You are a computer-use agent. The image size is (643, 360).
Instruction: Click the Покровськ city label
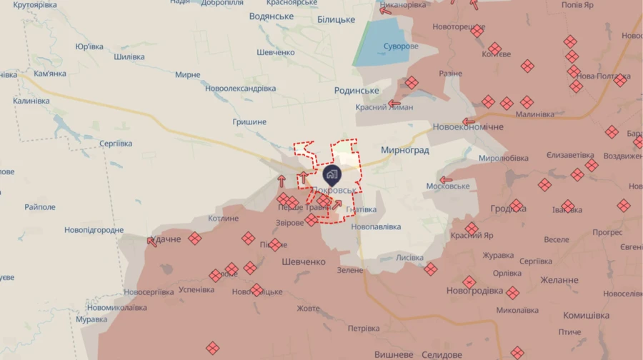pos(333,191)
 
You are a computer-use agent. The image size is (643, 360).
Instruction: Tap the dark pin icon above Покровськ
pos(332,174)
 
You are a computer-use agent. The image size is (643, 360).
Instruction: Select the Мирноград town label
pos(404,151)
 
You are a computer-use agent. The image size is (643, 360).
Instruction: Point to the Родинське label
pos(357,91)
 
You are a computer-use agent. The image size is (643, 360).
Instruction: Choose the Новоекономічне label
pos(468,127)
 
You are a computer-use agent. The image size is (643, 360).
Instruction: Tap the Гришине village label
pos(249,122)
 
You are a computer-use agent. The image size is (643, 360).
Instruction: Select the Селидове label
pos(437,354)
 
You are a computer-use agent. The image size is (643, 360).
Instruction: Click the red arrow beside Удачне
pos(152,241)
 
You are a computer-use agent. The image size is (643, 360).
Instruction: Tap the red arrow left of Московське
pos(446,180)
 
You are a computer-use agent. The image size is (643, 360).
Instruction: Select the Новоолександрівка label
pos(240,89)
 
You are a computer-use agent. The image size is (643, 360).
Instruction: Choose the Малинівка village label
pos(534,114)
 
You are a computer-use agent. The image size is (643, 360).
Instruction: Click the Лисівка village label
pos(409,258)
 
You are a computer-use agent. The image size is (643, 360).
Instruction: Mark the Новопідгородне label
pos(94,230)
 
